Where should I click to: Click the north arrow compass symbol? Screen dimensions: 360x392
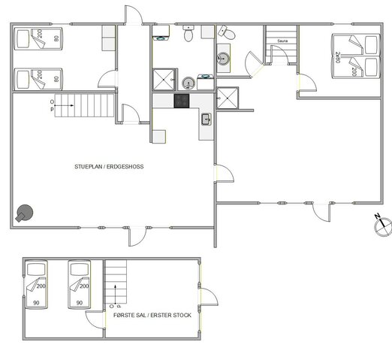click(382, 224)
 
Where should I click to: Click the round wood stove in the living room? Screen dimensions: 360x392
click(26, 213)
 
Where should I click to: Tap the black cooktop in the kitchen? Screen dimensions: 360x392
click(182, 101)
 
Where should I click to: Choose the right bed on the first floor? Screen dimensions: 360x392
click(79, 284)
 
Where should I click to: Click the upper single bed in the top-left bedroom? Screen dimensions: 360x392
click(38, 38)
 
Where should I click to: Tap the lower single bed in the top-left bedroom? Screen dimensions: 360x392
click(38, 77)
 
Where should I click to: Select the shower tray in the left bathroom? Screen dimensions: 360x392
click(163, 80)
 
